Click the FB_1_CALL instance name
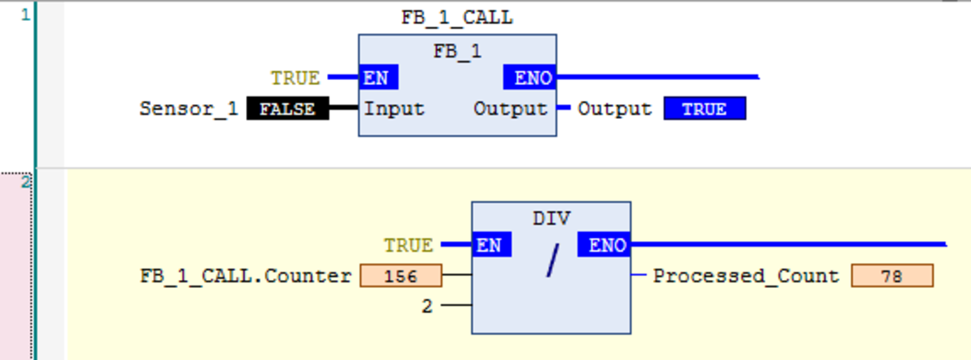pyautogui.click(x=457, y=18)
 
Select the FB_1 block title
pyautogui.click(x=457, y=51)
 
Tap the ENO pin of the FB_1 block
pyautogui.click(x=530, y=78)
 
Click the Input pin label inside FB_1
pyautogui.click(x=394, y=108)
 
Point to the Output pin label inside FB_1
pyautogui.click(x=510, y=108)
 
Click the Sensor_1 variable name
pyautogui.click(x=189, y=108)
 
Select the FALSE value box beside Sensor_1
pyautogui.click(x=287, y=108)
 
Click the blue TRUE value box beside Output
pyautogui.click(x=704, y=109)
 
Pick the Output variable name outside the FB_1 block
pyautogui.click(x=614, y=108)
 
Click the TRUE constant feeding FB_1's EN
pyautogui.click(x=295, y=78)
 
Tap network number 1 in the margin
pyautogui.click(x=25, y=15)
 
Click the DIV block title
pyautogui.click(x=551, y=218)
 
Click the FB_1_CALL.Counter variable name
pyautogui.click(x=246, y=277)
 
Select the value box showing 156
pyautogui.click(x=401, y=277)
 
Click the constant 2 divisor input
pyautogui.click(x=427, y=306)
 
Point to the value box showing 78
pyautogui.click(x=892, y=277)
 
